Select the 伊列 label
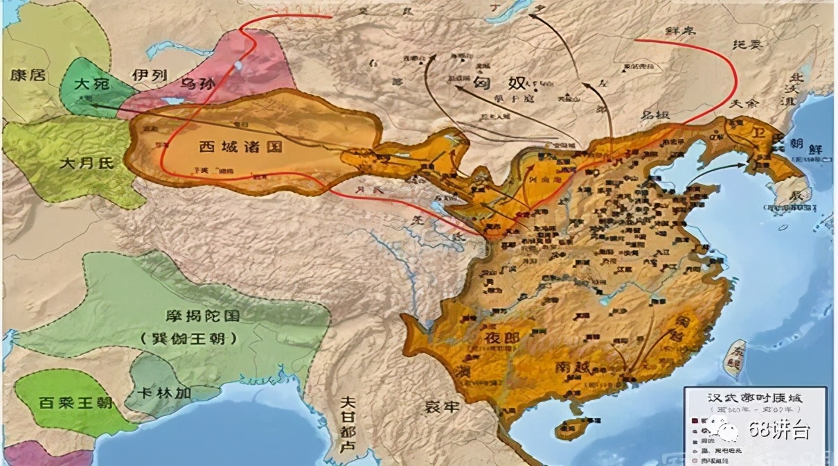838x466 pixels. click(x=148, y=75)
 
